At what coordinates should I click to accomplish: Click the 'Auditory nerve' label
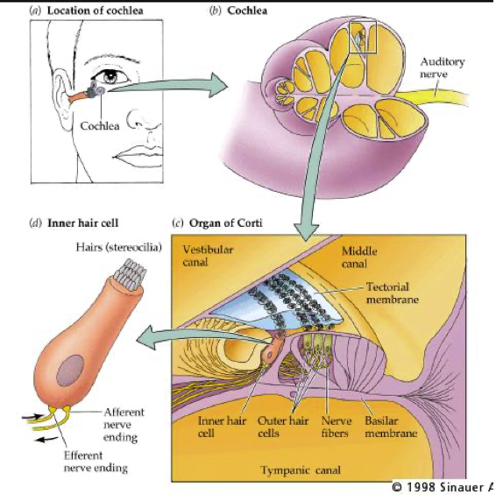pos(443,67)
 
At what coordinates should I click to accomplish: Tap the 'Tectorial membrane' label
pos(393,293)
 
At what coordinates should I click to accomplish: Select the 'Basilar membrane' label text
pos(391,427)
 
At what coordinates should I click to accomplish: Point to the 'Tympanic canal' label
pos(301,470)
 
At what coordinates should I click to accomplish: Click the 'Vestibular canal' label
pos(208,256)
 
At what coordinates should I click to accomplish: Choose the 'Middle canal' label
pos(359,258)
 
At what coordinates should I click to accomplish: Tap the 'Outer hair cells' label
pos(283,427)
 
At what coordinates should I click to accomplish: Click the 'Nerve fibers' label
pos(337,427)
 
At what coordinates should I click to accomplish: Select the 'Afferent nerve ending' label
pos(124,425)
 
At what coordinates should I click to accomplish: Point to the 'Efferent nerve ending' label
pos(96,462)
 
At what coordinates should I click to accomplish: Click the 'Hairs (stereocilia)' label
pos(119,247)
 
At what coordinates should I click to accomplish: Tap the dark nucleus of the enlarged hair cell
pos(70,370)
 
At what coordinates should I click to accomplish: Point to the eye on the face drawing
pos(110,75)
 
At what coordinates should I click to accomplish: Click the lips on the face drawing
pos(138,156)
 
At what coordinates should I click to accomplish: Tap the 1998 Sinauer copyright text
pos(443,487)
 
